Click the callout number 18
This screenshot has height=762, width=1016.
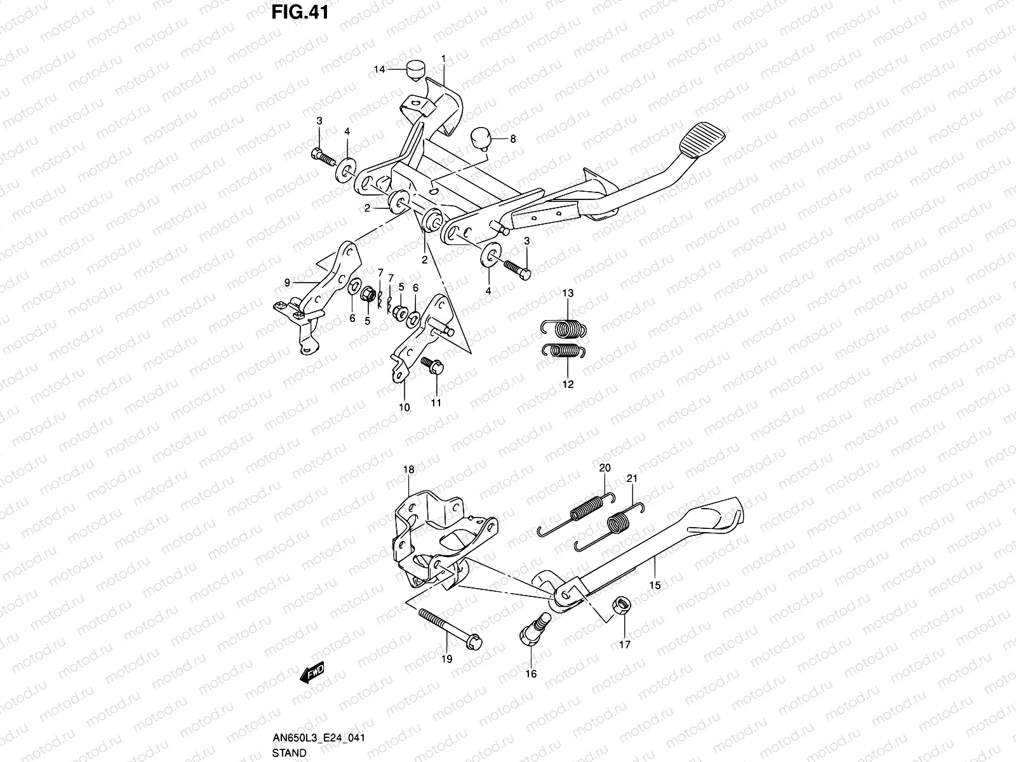tap(409, 470)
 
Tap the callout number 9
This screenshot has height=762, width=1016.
tap(287, 282)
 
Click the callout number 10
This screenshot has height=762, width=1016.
tap(404, 407)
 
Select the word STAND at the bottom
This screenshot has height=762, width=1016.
tap(290, 753)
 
